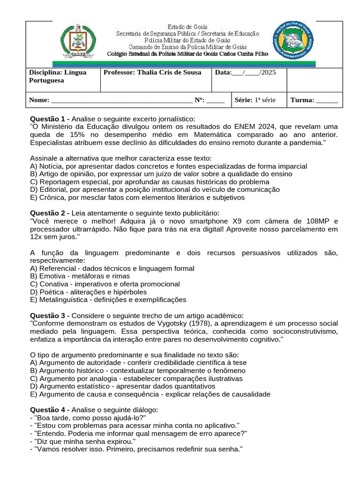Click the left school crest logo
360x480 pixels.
tap(78, 41)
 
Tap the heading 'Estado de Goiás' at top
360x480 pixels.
tap(187, 27)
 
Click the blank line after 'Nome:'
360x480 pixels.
tap(121, 100)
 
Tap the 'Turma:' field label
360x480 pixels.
tap(302, 100)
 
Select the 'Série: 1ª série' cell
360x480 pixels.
tap(255, 100)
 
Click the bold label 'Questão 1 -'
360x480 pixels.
tap(50, 119)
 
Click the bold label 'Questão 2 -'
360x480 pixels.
tap(50, 213)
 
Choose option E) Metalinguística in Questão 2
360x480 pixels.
tap(108, 300)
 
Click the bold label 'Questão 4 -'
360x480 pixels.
tap(50, 410)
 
